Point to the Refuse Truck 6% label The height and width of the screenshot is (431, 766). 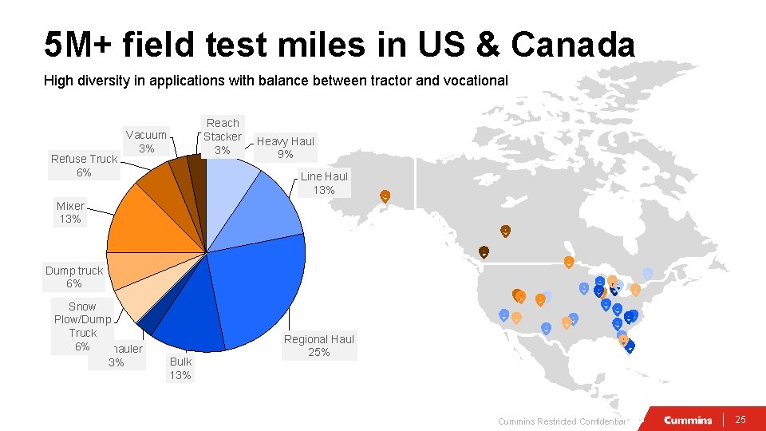[84, 165]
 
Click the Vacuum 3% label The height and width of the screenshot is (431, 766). [146, 142]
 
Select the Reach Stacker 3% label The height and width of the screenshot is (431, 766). [223, 136]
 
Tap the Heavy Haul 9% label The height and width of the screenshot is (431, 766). [286, 148]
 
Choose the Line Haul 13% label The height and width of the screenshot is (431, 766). [324, 184]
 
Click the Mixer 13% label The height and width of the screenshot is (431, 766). [70, 212]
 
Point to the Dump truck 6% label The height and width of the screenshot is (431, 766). [74, 277]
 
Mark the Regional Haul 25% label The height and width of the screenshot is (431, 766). [319, 346]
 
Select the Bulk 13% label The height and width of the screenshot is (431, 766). [180, 369]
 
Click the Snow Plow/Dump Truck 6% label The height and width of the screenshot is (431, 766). [82, 326]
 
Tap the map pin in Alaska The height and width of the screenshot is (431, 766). [385, 196]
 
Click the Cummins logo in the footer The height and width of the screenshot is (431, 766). [688, 420]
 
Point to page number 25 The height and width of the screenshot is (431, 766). [740, 420]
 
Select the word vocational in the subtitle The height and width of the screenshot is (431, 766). [479, 81]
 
